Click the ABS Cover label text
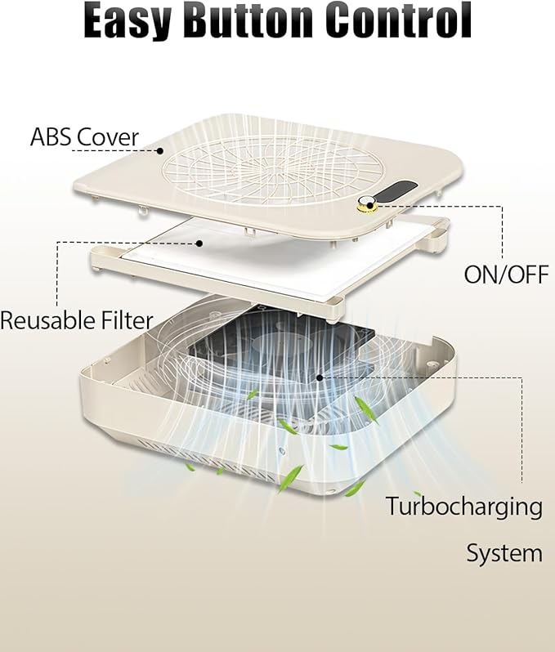pos(84,136)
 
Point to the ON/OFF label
pos(506,275)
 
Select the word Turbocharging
pos(464,507)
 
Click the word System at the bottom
pos(504,554)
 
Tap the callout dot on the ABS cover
pos(159,151)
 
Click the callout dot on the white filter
pos(199,243)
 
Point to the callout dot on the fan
pos(319,377)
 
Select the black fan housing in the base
pos(283,345)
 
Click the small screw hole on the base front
pos(283,452)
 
